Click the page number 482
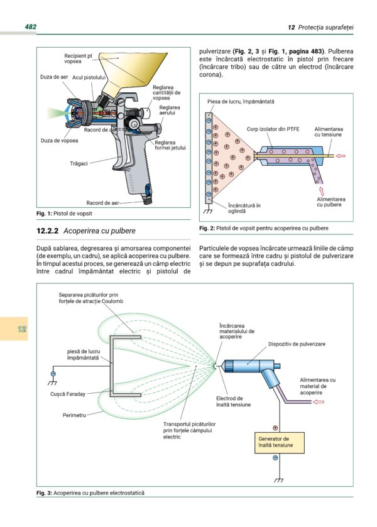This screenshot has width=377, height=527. click(30, 27)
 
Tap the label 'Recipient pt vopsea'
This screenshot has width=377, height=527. click(78, 58)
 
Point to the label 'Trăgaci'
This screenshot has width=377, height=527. click(79, 163)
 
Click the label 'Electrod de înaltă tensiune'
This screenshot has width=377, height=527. click(233, 401)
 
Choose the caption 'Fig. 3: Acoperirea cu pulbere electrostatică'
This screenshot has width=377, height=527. click(90, 493)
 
